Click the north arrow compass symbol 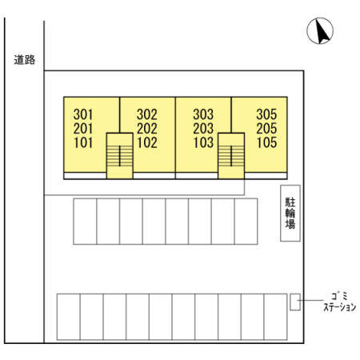(320, 31)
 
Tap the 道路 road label (25, 60)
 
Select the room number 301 (83, 114)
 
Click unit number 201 (83, 129)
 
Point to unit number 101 (83, 142)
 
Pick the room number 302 (147, 114)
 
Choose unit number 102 (147, 142)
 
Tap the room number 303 (203, 114)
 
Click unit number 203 (203, 129)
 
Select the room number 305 (266, 114)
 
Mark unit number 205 (266, 129)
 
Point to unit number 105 (266, 142)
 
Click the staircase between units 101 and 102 (120, 156)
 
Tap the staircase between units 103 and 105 (231, 156)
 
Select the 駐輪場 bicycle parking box (290, 213)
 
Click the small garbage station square (295, 302)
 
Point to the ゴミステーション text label (340, 302)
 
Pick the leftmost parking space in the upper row (85, 222)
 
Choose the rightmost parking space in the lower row (275, 317)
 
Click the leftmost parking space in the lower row (69, 317)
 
